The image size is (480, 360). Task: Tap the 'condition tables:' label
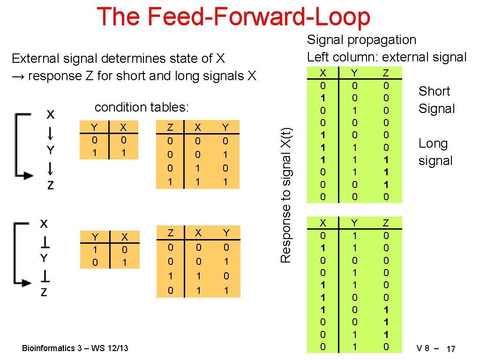pyautogui.click(x=142, y=107)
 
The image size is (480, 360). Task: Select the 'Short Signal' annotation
pyautogui.click(x=436, y=100)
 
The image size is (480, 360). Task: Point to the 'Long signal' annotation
pyautogui.click(x=435, y=152)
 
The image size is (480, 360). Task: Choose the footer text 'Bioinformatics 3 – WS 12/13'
pyautogui.click(x=75, y=348)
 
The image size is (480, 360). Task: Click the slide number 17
pyautogui.click(x=451, y=349)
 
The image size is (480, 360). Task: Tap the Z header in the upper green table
pyautogui.click(x=386, y=73)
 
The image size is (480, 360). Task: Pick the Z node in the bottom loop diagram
pyautogui.click(x=44, y=292)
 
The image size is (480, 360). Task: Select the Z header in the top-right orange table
pyautogui.click(x=170, y=127)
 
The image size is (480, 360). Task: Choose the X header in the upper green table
pyautogui.click(x=322, y=73)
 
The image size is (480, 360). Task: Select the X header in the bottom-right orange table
pyautogui.click(x=198, y=233)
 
